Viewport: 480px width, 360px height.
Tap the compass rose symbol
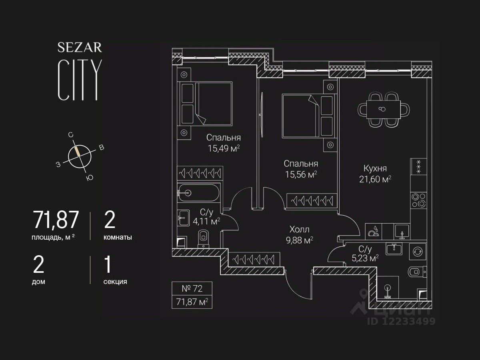click(x=80, y=156)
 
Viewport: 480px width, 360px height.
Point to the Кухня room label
click(x=375, y=168)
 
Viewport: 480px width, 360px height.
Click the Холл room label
click(x=300, y=230)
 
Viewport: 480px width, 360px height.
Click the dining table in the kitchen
click(x=384, y=109)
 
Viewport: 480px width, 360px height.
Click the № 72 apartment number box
click(x=192, y=288)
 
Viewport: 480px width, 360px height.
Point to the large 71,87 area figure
click(x=56, y=220)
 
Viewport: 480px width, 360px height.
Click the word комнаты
click(x=118, y=237)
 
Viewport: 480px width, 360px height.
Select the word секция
click(x=115, y=281)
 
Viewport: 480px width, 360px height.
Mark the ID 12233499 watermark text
click(x=401, y=321)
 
